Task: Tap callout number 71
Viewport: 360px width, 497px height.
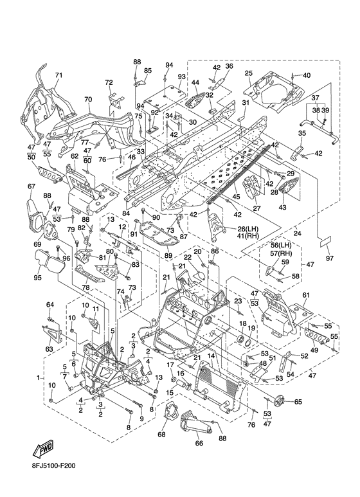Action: (x=59, y=75)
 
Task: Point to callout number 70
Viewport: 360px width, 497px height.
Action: (x=88, y=99)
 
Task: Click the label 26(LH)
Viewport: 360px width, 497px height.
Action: (x=248, y=228)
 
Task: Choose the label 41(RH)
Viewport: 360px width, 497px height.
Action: (x=248, y=235)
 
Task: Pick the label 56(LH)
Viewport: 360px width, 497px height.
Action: (x=281, y=245)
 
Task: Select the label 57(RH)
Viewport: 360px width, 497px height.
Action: (x=281, y=253)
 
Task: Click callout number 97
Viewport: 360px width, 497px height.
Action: (x=330, y=258)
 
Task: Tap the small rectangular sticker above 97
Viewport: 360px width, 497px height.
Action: (x=325, y=242)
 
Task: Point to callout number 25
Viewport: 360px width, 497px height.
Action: (x=249, y=73)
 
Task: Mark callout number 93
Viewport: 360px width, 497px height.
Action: (x=181, y=77)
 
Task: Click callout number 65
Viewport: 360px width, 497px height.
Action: (x=298, y=402)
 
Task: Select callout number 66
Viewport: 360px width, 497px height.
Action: (x=199, y=443)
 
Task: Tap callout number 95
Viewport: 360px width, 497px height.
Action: (x=38, y=277)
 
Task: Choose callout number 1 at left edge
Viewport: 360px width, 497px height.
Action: (x=39, y=377)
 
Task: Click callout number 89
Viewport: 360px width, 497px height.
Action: (x=168, y=255)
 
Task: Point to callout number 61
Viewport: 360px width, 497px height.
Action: (x=306, y=295)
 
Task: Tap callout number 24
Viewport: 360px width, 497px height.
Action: (x=297, y=233)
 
